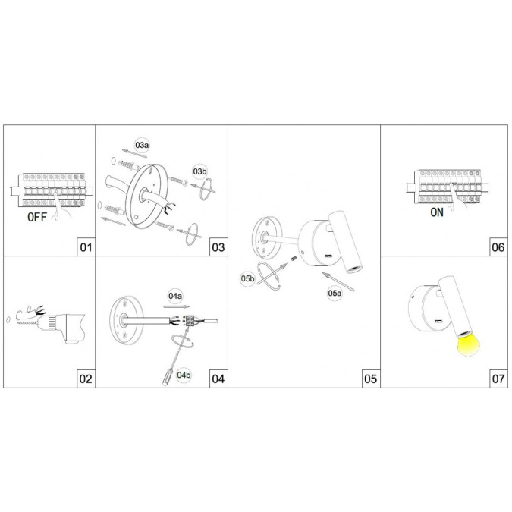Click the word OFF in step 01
pos(37,217)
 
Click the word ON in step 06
pos(437,212)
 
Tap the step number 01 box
pos(86,247)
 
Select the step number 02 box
pos(86,379)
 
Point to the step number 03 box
pos(218,247)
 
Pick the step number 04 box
pos(218,379)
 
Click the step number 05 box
pos(371,379)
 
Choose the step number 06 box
pos(498,247)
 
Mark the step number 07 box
pos(498,379)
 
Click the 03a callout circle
pos(142,146)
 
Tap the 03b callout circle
pos(199,171)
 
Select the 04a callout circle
pos(175,296)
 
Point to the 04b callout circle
pos(184,375)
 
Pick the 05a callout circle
pos(335,293)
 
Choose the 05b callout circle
pos(247,278)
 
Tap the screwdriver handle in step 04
pos(168,377)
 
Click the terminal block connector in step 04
pos(190,320)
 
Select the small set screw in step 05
pos(294,259)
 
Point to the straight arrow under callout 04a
pos(177,306)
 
